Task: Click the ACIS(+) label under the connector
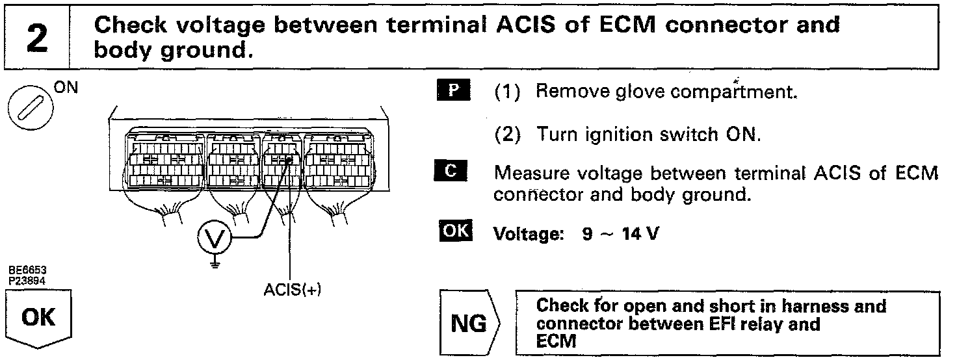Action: (x=293, y=290)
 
